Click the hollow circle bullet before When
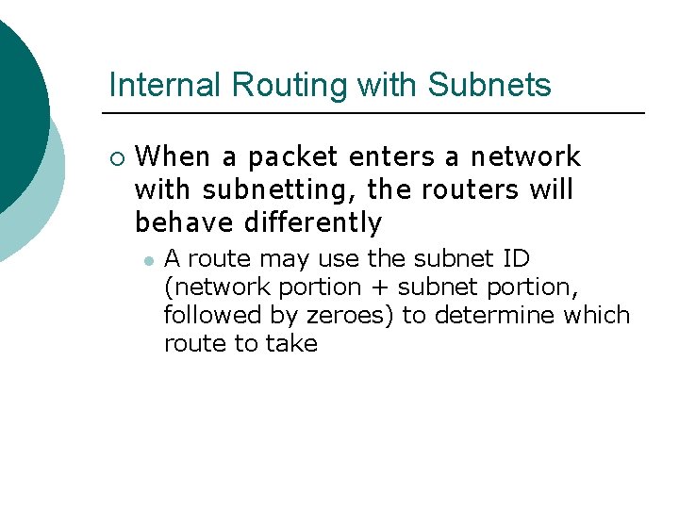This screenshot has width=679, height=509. point(115,157)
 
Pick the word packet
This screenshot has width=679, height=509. point(292,156)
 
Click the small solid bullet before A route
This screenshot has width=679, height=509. point(149,259)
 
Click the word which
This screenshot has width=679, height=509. point(596,315)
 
